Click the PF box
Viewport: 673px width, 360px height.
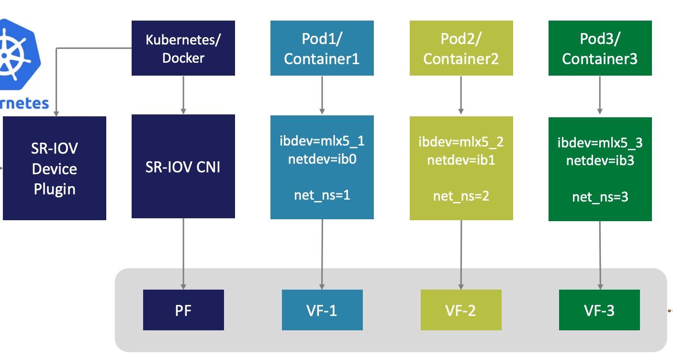pyautogui.click(x=183, y=310)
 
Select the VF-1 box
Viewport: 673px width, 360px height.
pyautogui.click(x=322, y=310)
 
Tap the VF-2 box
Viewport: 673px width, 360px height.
pyautogui.click(x=460, y=310)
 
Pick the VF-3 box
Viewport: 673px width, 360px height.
pyautogui.click(x=599, y=310)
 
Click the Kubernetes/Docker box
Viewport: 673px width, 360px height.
pyautogui.click(x=183, y=48)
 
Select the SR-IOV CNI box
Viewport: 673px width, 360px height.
pyautogui.click(x=183, y=167)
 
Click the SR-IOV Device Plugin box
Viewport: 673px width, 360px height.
pyautogui.click(x=54, y=168)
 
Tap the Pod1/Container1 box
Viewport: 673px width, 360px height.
pyautogui.click(x=322, y=48)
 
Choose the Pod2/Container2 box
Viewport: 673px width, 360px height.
pyautogui.click(x=461, y=48)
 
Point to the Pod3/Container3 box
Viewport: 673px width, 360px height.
pyautogui.click(x=600, y=48)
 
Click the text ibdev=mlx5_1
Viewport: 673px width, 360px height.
pyautogui.click(x=322, y=141)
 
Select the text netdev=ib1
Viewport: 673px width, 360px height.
pyautogui.click(x=461, y=160)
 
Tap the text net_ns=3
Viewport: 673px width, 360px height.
pyautogui.click(x=600, y=197)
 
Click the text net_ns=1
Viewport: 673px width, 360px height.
pyautogui.click(x=322, y=195)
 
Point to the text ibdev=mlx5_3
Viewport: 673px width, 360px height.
pyautogui.click(x=600, y=143)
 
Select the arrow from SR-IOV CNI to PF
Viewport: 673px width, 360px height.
pyautogui.click(x=183, y=254)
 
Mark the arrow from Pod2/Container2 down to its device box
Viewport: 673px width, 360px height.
pyautogui.click(x=461, y=95)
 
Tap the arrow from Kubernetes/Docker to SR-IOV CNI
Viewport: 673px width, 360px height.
pyautogui.click(x=183, y=95)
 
